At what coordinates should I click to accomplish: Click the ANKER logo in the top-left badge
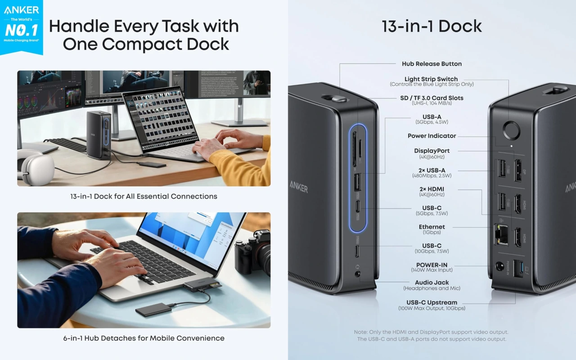pos(22,10)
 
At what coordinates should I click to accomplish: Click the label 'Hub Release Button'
pos(432,64)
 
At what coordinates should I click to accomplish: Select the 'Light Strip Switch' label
pos(431,79)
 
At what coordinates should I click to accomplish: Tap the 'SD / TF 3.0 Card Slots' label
pos(432,98)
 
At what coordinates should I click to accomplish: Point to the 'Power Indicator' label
pos(432,136)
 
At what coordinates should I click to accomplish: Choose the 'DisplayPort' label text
pos(432,151)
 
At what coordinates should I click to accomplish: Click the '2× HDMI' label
pos(432,189)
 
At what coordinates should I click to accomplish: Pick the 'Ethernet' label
pos(432,227)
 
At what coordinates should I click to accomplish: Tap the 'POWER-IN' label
pos(432,265)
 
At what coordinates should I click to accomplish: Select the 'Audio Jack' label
pos(432,283)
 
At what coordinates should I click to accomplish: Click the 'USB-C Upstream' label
pos(432,303)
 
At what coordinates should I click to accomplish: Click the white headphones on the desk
pos(36,167)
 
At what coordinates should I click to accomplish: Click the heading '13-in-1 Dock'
pos(432,26)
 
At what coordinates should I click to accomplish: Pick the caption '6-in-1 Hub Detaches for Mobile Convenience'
pos(144,338)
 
